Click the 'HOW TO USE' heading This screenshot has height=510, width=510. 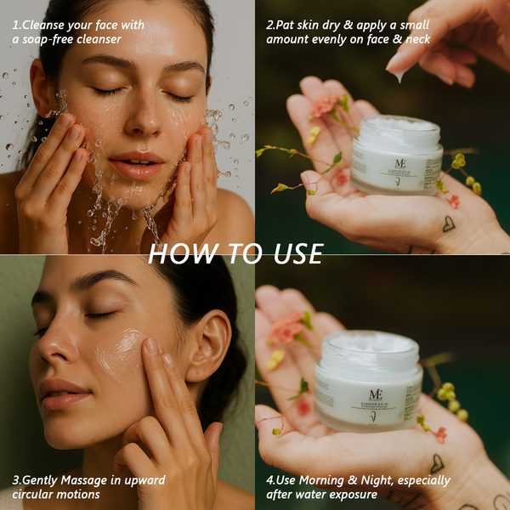[235, 253]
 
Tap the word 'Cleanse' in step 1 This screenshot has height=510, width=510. [48, 25]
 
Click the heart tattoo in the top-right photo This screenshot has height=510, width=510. [447, 224]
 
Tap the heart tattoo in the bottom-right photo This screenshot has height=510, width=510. [437, 463]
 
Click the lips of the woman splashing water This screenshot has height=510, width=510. [135, 163]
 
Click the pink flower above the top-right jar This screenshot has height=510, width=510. [323, 106]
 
